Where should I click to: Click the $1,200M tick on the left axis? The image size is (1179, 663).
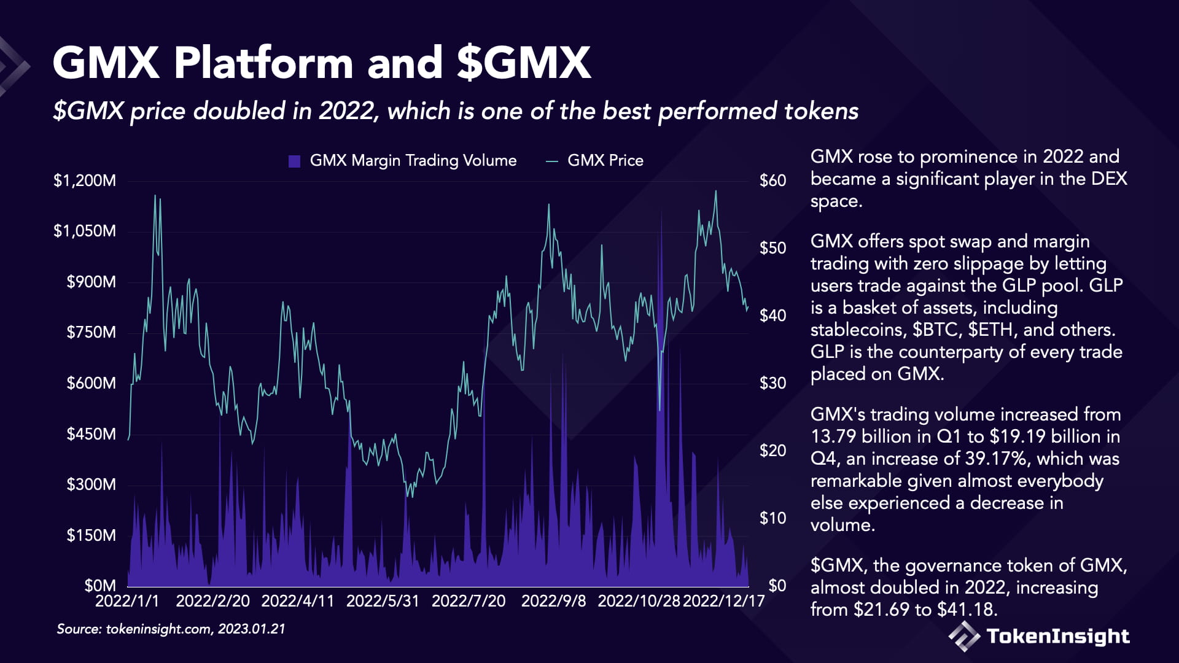84,180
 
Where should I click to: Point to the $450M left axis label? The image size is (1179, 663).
91,434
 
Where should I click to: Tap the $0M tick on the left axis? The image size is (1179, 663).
100,586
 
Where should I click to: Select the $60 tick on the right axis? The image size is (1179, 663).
772,180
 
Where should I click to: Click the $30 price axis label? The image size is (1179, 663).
772,383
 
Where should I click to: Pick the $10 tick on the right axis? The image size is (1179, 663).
772,518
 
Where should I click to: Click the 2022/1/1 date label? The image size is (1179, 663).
127,601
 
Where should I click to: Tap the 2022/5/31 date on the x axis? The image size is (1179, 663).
383,601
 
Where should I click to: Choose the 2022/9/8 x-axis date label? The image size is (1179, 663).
553,601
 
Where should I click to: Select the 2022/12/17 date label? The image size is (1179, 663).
723,601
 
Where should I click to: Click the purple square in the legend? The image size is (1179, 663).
294,161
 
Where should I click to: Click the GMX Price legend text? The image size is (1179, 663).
605,161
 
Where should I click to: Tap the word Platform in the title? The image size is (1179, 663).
263,63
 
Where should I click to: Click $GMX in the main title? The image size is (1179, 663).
523,63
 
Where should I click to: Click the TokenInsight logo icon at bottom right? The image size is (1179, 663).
964,636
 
